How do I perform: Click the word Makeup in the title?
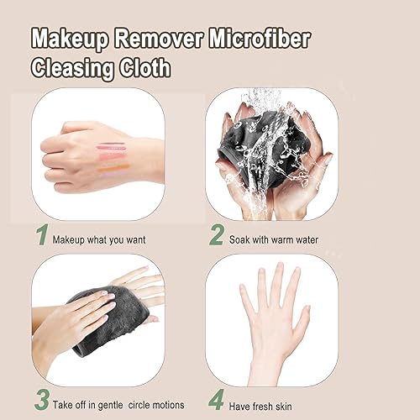click(69, 38)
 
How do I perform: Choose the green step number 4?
click(215, 397)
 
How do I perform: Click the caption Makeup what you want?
click(99, 239)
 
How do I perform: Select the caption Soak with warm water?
click(273, 239)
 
